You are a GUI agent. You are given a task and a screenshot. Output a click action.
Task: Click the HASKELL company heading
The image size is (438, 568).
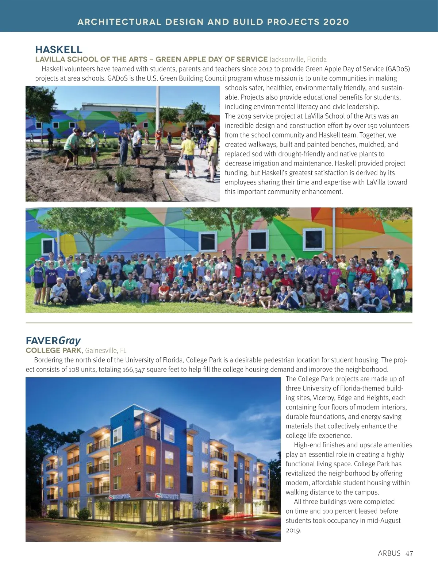(x=59, y=50)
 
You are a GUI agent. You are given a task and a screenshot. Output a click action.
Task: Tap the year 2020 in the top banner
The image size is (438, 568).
(x=336, y=22)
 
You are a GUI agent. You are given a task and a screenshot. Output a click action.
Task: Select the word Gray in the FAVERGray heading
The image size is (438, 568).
(x=70, y=341)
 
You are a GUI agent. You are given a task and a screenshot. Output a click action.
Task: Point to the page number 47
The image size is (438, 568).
(x=410, y=553)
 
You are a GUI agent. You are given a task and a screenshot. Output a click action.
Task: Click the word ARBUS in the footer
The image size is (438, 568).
(x=389, y=553)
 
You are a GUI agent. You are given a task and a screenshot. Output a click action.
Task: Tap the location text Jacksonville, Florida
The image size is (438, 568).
(x=298, y=59)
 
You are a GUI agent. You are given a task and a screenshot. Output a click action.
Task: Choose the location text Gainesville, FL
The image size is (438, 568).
(x=106, y=350)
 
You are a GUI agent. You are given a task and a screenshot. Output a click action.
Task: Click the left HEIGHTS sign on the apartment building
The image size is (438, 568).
(x=120, y=497)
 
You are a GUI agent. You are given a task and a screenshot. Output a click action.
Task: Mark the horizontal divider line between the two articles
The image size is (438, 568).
(x=219, y=323)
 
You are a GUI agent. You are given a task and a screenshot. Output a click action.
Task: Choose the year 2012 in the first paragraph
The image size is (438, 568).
(x=266, y=69)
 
